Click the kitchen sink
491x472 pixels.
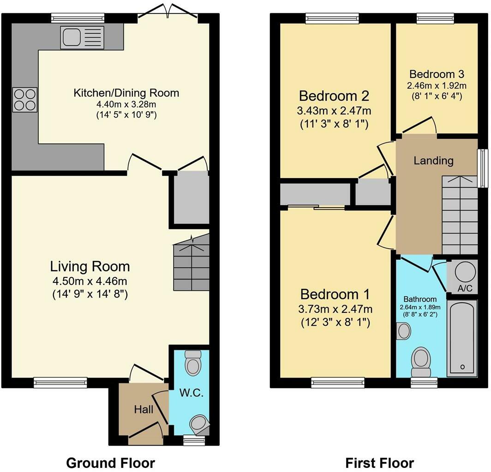coord(82,37)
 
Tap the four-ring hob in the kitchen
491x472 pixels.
coord(25,100)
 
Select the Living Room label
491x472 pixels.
coord(90,266)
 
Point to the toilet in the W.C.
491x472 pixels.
coord(193,363)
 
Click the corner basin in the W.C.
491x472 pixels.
coord(199,424)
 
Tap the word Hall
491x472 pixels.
coord(144,409)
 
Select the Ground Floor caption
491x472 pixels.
coord(111,463)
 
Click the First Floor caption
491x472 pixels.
coord(379,463)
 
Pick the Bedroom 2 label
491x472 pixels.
coord(334,96)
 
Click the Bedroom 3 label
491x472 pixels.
coord(437,74)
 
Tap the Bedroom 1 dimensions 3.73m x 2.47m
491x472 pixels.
coord(335,309)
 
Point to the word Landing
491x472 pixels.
coord(433,161)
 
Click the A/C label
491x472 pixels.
coord(465,288)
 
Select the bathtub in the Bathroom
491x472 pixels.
coord(462,338)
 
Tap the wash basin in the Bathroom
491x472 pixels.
coord(403,331)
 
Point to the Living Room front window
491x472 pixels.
coord(60,382)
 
